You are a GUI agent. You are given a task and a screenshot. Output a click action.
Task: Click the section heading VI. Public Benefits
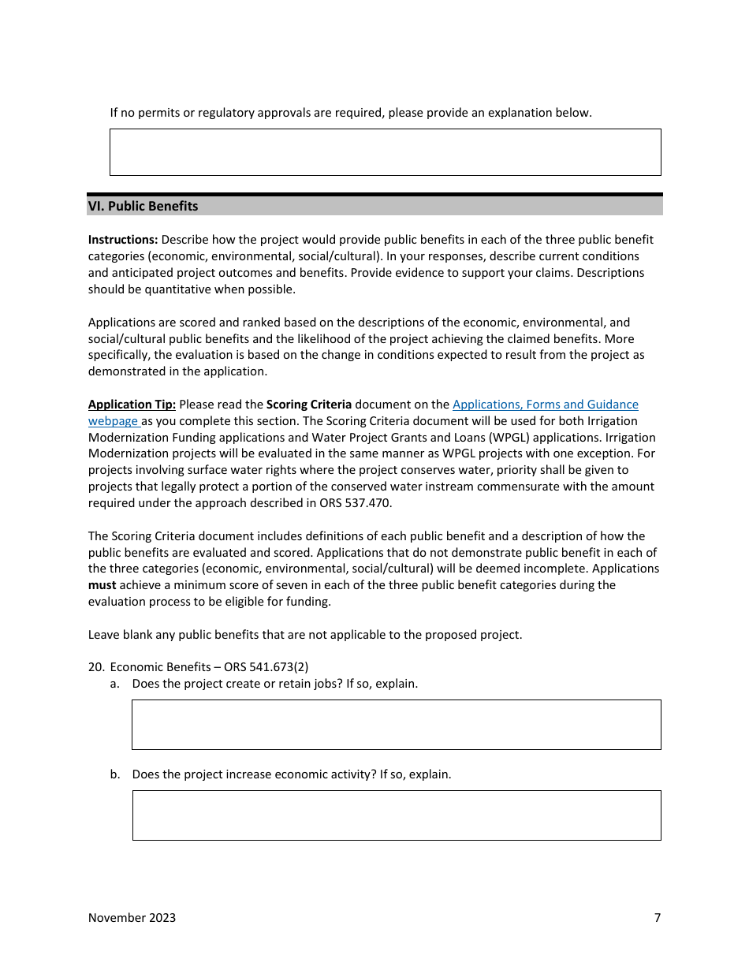[x=143, y=207]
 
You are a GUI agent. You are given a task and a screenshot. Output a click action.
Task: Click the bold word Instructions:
[x=123, y=240]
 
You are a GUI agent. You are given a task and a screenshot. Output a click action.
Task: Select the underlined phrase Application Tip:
[x=132, y=405]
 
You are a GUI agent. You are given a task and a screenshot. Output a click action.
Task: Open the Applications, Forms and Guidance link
[x=545, y=405]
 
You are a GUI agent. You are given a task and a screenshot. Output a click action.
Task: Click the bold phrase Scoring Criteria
[x=309, y=405]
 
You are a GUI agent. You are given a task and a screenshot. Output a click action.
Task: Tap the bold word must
[x=102, y=585]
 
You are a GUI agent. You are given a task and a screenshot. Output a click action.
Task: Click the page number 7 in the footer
[x=657, y=917]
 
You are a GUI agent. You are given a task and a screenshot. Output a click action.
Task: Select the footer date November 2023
[x=132, y=917]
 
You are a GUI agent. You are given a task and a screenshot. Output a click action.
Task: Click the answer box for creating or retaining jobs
[x=396, y=724]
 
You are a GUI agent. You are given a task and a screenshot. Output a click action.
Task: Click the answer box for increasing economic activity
[x=396, y=815]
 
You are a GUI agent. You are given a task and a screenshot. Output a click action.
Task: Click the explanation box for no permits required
[x=385, y=152]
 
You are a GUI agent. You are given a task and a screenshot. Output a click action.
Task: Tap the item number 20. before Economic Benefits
[x=96, y=667]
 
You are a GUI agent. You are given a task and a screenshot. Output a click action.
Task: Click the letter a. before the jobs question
[x=115, y=684]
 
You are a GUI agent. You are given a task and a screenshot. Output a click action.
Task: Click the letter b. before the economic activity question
[x=115, y=774]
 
